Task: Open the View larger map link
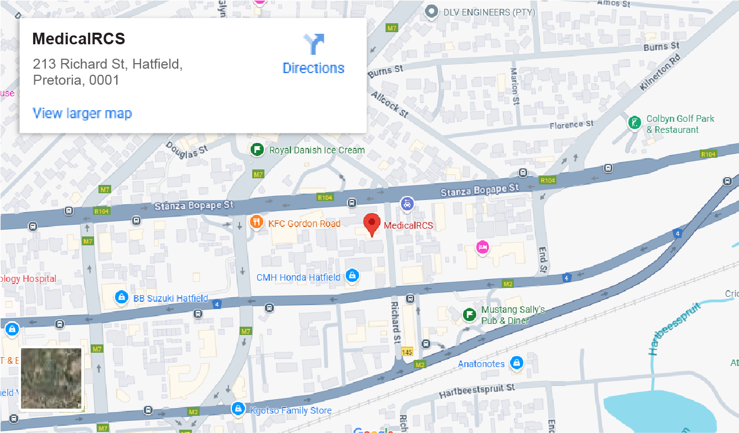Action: coord(82,114)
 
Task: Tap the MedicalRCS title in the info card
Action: coord(79,39)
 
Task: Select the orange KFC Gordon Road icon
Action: coord(256,223)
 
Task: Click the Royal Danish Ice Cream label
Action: coord(316,150)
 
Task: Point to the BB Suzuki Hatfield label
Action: coord(170,298)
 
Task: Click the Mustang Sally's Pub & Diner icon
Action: coord(469,315)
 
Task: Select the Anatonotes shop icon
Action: coord(516,363)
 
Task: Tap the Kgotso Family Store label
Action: coord(290,410)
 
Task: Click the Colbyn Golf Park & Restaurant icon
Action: coord(634,123)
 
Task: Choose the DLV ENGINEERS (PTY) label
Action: coord(489,12)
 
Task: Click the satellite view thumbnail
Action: coord(51,379)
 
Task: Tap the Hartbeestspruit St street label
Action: coord(477,390)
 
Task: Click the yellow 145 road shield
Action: coord(407,352)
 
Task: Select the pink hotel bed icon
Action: coord(483,247)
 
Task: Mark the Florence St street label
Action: coord(571,125)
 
